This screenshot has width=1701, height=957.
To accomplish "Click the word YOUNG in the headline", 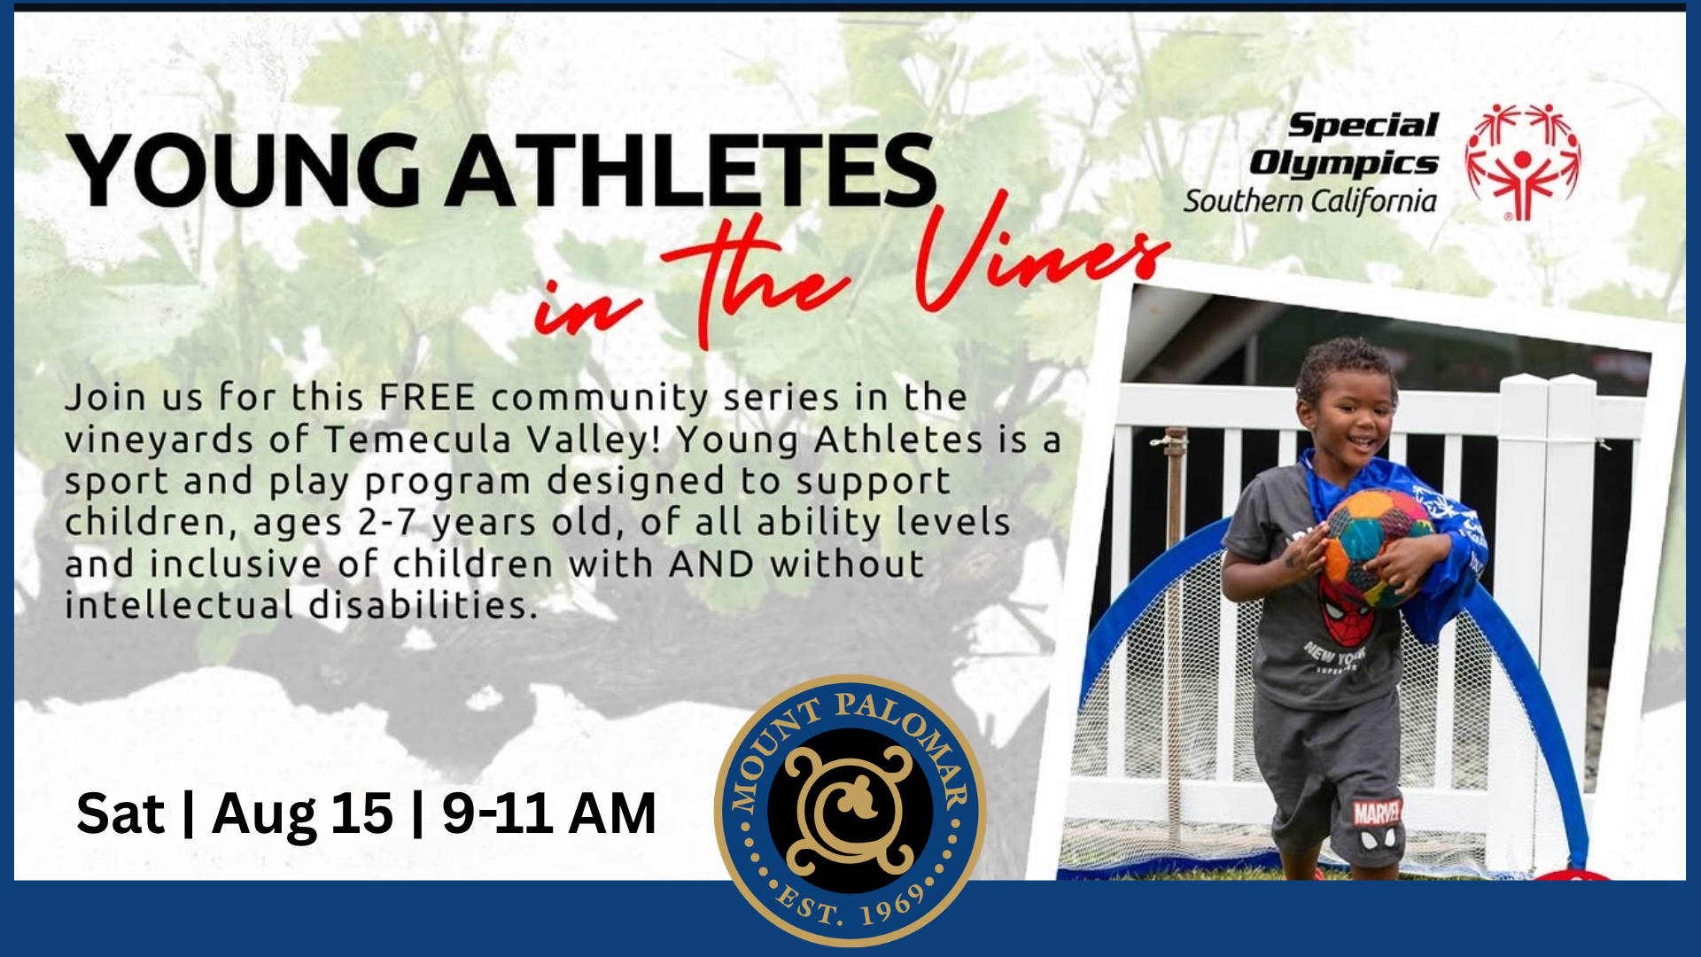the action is [x=243, y=170].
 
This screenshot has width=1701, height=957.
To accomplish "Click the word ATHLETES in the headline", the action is [x=691, y=170].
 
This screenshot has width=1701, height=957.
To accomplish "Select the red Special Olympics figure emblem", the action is [x=1522, y=161].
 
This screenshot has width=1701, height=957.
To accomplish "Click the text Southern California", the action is [x=1310, y=201].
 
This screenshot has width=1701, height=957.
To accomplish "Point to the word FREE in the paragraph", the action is [x=428, y=397].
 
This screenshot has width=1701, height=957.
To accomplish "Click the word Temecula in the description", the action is [x=418, y=440].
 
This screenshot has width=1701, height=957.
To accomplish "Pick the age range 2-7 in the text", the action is [x=386, y=523].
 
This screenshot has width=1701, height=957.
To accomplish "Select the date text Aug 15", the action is [x=302, y=813].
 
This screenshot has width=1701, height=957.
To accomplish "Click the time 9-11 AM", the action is [x=549, y=813].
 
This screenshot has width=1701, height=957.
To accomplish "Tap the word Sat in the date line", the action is [x=120, y=813].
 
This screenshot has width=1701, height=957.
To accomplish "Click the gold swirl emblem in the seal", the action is [x=850, y=810].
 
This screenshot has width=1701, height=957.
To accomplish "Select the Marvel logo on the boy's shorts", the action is [x=1378, y=812].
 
